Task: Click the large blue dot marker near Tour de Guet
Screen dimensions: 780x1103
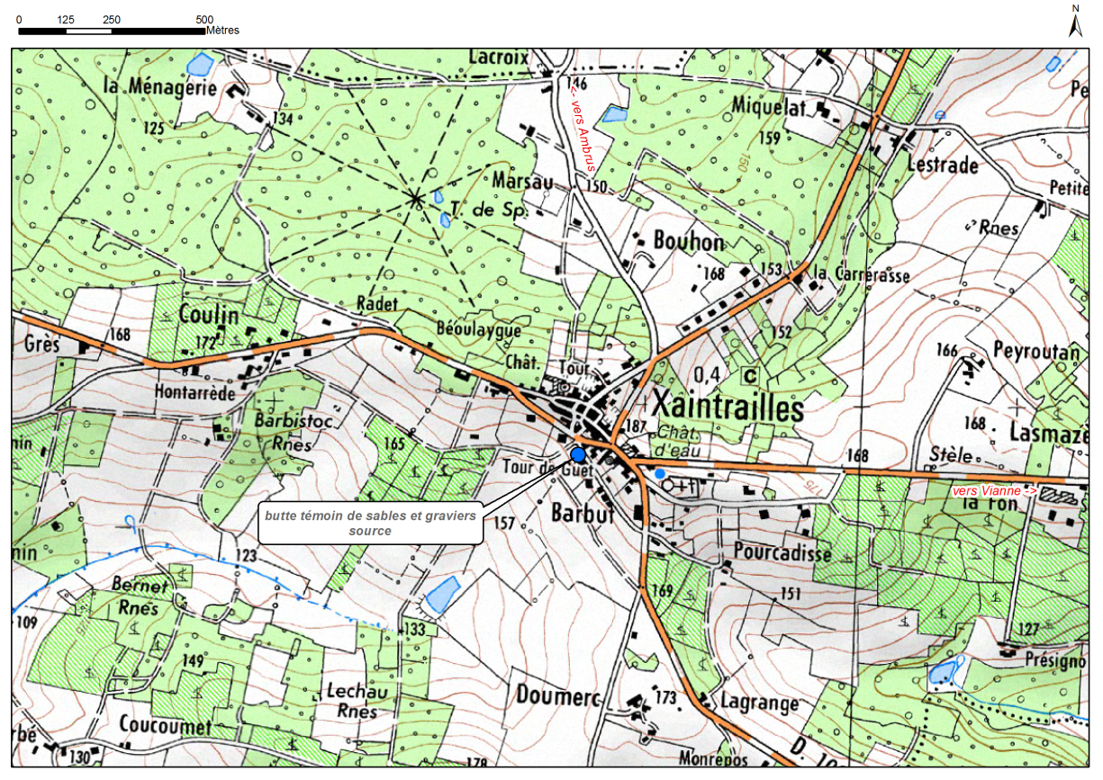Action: point(578,455)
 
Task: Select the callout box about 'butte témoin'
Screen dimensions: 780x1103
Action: point(371,523)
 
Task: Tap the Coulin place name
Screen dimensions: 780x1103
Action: point(209,314)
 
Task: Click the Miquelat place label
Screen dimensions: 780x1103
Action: point(768,106)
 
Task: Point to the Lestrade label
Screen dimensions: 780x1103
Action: point(942,166)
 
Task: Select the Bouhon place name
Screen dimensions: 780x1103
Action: point(689,241)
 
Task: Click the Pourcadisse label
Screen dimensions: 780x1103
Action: point(782,551)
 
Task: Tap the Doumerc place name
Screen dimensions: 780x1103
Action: point(558,695)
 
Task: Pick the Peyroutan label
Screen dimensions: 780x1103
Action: point(1035,351)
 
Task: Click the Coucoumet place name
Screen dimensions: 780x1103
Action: point(165,725)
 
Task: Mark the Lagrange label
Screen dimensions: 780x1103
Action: point(759,703)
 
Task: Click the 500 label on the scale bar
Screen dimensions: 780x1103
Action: point(204,19)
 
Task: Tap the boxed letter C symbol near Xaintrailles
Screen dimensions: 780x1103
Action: point(748,374)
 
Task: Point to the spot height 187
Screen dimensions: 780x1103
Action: point(635,425)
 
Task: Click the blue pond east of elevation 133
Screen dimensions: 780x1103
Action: point(441,596)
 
